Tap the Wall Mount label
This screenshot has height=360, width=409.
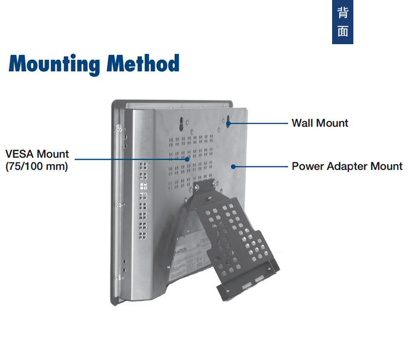320,123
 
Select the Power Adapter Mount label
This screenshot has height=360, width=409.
347,166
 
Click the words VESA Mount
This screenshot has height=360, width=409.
37,154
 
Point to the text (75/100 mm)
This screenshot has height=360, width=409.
37,166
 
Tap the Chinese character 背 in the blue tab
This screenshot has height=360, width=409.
343,13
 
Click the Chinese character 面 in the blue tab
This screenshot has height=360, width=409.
343,32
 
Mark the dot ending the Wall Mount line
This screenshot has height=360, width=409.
230,123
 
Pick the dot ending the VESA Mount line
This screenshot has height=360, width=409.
188,159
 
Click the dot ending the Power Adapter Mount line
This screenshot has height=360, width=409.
233,166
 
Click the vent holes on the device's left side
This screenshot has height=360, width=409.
143,202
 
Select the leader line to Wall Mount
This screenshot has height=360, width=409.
259,123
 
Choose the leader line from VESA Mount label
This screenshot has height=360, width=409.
131,159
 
